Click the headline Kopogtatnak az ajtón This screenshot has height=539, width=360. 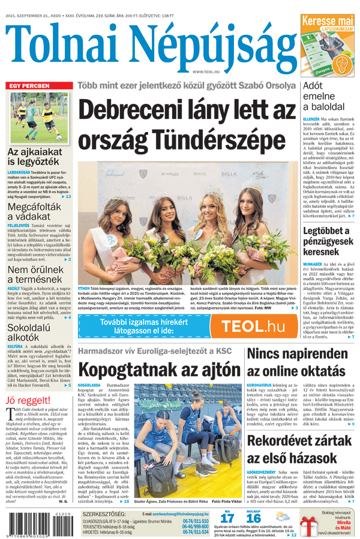coord(158,369)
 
